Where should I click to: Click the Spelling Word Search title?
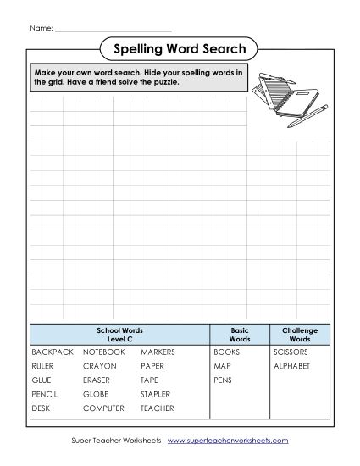180,48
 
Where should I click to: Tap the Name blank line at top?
113,28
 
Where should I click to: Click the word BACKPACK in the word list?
53,351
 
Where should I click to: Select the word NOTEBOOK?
103,351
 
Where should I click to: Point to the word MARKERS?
158,351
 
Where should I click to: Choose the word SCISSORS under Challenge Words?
291,351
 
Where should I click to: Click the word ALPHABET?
291,365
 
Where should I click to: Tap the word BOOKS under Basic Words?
227,351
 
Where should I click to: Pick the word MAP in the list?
222,365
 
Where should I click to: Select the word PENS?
224,380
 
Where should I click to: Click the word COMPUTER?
103,408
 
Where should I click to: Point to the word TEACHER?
158,408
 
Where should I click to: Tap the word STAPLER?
156,394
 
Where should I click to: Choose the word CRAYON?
100,365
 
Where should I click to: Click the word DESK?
42,408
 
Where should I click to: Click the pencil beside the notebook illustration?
307,117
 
